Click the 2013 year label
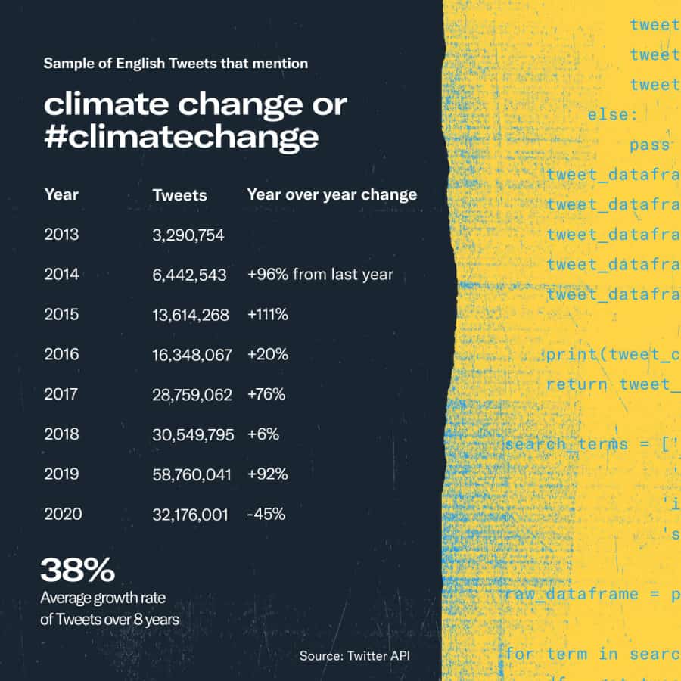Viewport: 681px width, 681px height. (x=61, y=235)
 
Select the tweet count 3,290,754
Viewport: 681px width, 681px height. (x=188, y=235)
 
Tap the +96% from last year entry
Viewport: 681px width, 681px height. (x=320, y=274)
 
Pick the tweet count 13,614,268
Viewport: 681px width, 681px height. (x=191, y=315)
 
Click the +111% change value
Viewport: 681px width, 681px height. (x=267, y=314)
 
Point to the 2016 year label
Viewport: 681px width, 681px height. (x=61, y=354)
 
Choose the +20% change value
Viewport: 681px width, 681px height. (x=267, y=354)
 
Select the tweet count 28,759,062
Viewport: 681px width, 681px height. (x=191, y=394)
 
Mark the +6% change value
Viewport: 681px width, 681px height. (x=263, y=434)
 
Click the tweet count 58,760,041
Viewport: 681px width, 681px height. (x=191, y=474)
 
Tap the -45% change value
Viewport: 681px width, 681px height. (x=266, y=515)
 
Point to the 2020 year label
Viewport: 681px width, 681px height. (x=63, y=515)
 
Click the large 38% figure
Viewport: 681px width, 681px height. (x=77, y=570)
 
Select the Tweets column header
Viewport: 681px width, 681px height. (x=179, y=194)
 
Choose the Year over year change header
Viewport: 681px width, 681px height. (x=331, y=194)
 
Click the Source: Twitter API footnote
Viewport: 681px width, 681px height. (x=354, y=655)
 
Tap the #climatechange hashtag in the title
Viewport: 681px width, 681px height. (x=181, y=137)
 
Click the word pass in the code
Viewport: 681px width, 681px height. (x=649, y=145)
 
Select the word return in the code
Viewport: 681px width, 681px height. (x=577, y=384)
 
